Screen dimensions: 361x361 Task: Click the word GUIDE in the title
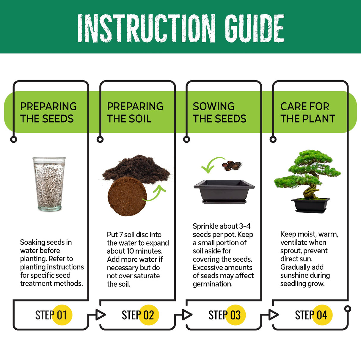(254, 28)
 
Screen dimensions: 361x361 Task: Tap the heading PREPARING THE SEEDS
(48, 112)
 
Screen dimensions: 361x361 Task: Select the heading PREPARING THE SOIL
(135, 112)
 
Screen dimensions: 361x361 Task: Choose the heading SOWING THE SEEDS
(219, 112)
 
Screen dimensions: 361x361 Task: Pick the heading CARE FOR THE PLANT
(307, 112)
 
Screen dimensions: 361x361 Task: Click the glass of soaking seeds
(49, 184)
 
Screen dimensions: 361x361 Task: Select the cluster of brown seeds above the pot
(232, 165)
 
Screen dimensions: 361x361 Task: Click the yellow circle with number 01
(62, 315)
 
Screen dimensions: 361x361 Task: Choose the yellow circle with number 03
(235, 315)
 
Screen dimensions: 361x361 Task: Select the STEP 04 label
(311, 315)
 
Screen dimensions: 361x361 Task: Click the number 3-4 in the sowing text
(245, 226)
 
